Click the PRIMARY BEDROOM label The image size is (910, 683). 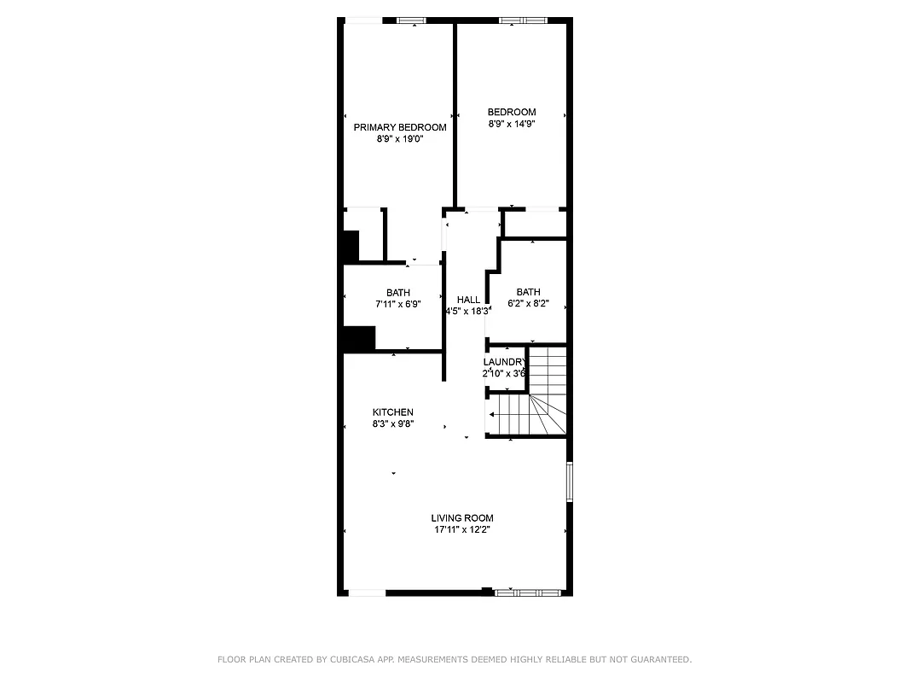pos(400,127)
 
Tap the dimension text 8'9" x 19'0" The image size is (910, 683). pos(400,138)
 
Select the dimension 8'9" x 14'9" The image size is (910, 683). pos(512,124)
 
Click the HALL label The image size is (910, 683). pos(468,300)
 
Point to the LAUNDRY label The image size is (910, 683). pos(504,362)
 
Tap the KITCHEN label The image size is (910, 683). pos(392,412)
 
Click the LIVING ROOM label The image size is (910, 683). pos(461,518)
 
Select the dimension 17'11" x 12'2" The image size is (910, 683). pos(461,529)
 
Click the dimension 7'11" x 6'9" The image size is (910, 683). pos(397,304)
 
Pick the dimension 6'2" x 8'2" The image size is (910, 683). pos(528,303)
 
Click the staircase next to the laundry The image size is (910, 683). pos(537,401)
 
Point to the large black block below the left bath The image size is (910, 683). pos(358,338)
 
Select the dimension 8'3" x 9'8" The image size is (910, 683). pos(392,423)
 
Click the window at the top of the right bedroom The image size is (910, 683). pos(524,20)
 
